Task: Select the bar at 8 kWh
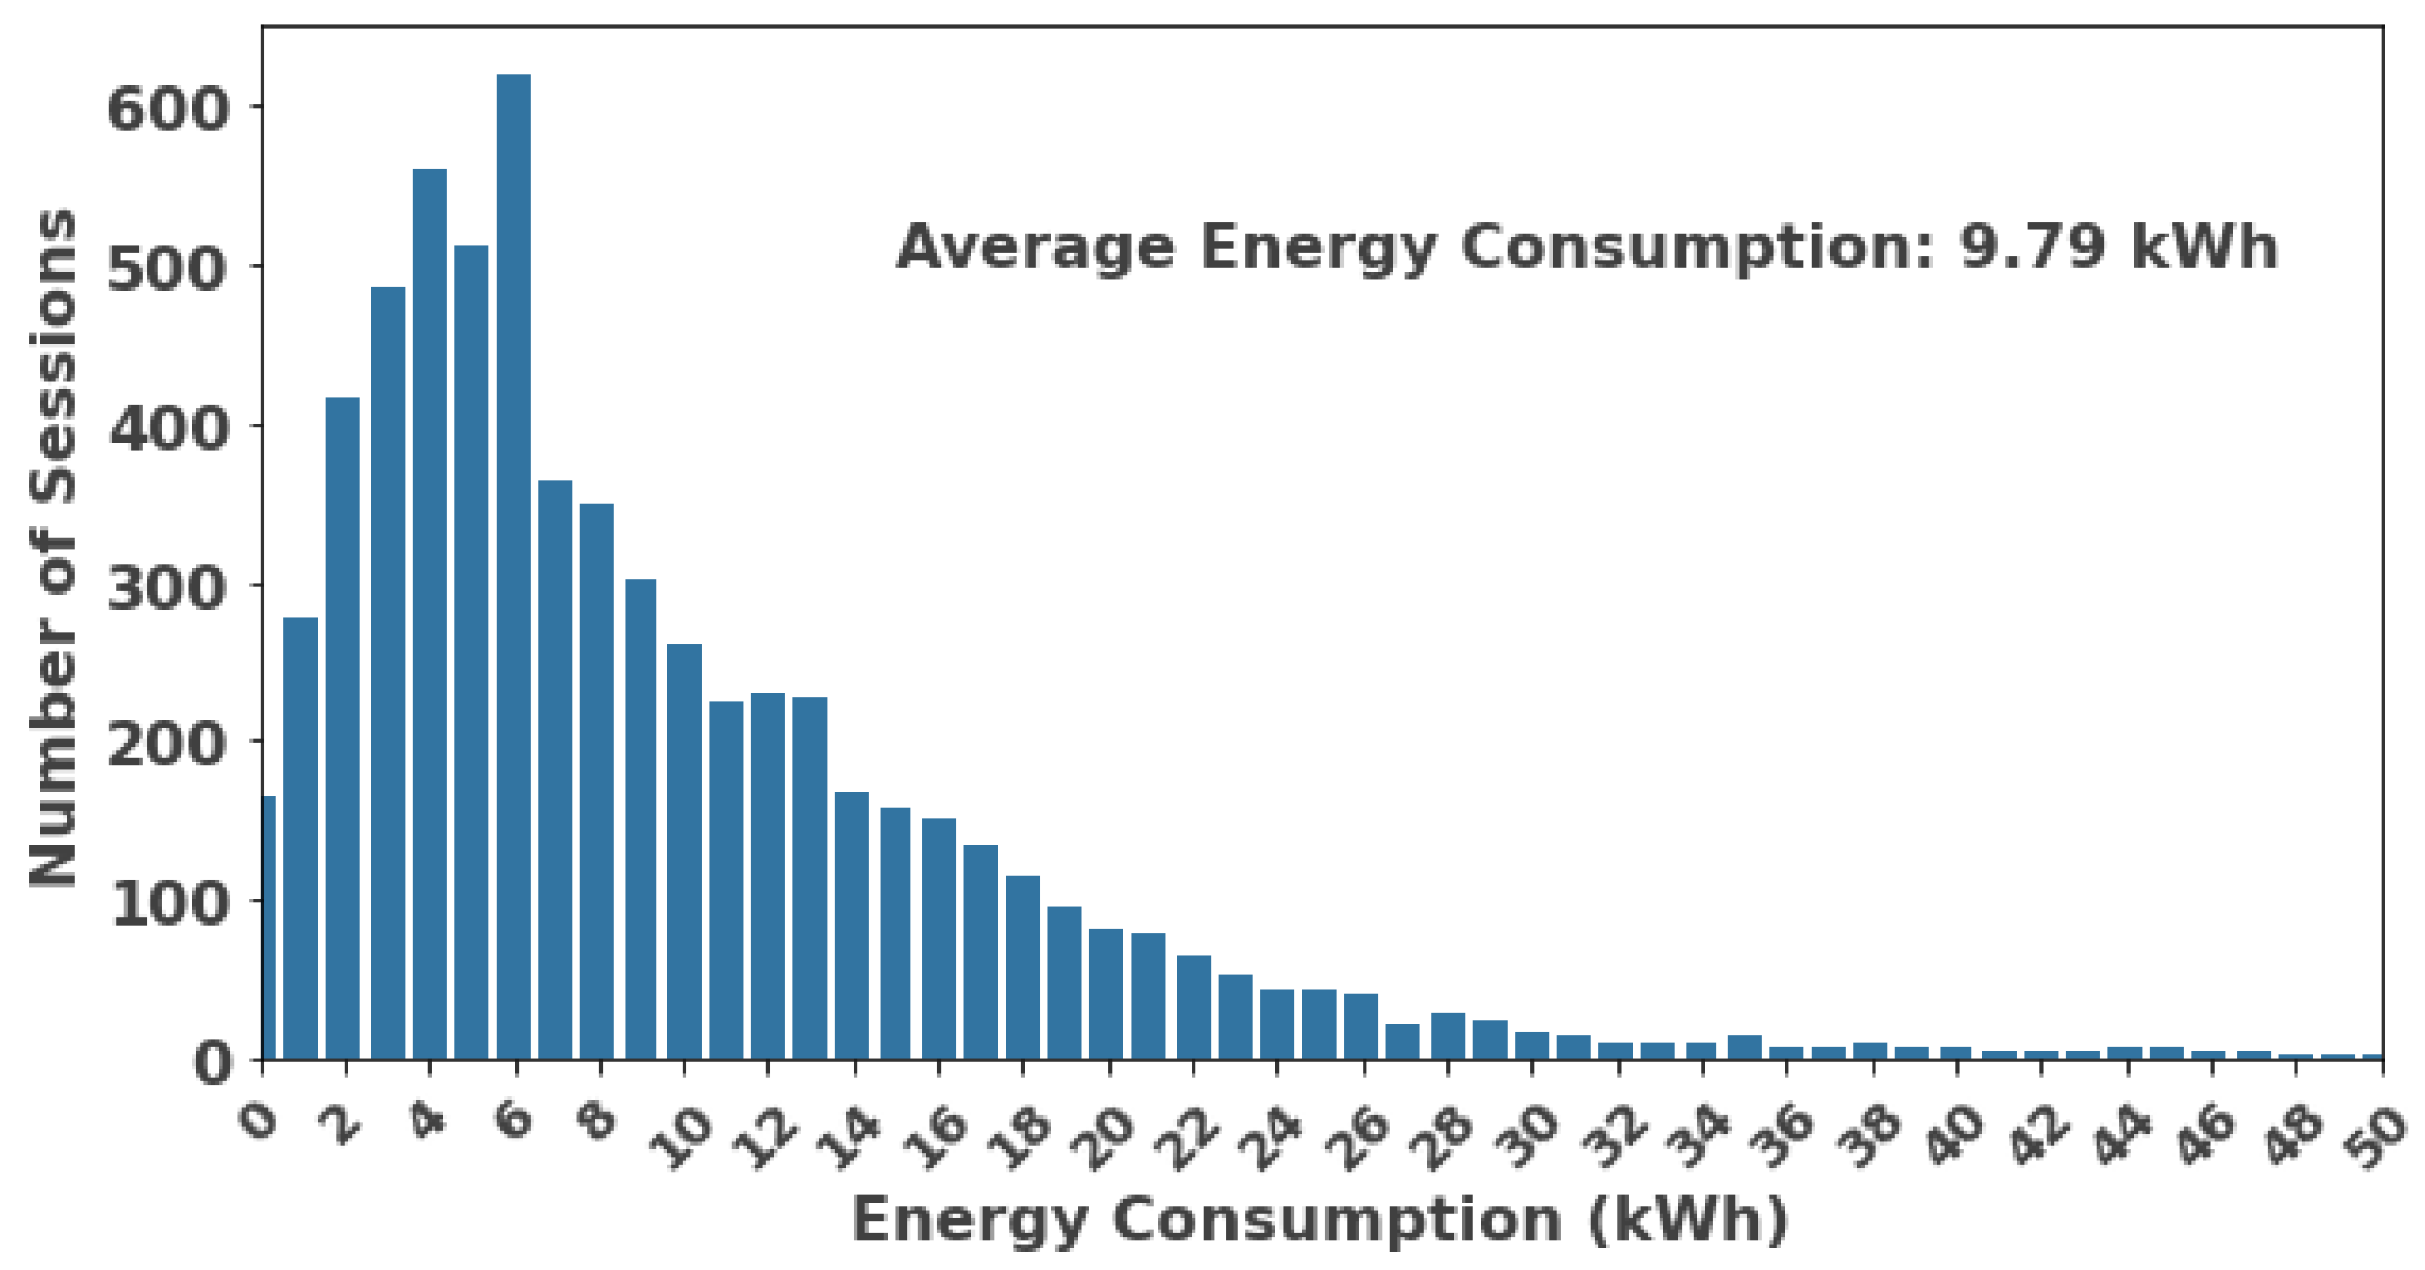[597, 782]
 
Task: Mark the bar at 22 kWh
[1193, 1006]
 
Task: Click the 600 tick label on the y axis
[168, 109]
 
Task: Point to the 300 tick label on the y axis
[168, 589]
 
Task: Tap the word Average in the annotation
[1035, 247]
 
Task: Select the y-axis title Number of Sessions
[53, 546]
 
